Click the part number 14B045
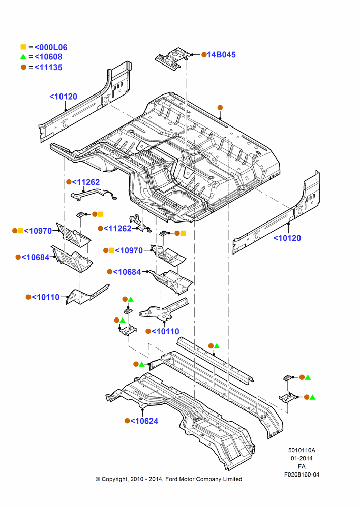222,55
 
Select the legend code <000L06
51,47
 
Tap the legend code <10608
48,57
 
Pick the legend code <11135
48,68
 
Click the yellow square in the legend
23,47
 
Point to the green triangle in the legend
23,57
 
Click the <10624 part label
144,421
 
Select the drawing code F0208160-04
302,474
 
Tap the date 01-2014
302,458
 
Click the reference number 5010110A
302,450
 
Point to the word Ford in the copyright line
171,479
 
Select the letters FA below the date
302,466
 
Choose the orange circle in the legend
23,67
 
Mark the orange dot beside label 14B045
204,55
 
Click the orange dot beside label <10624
127,421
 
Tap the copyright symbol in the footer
98,479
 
